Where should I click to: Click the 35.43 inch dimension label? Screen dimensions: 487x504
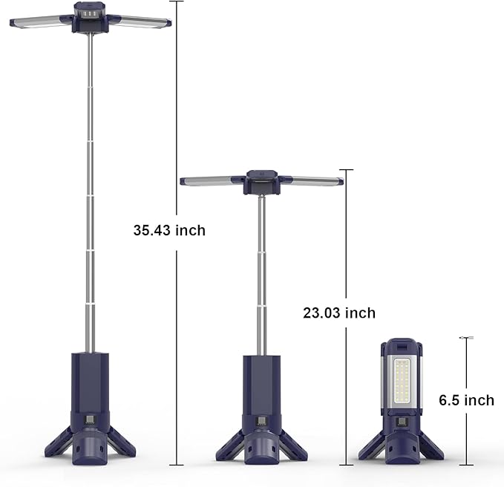pyautogui.click(x=169, y=230)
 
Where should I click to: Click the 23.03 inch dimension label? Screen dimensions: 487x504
pyautogui.click(x=339, y=313)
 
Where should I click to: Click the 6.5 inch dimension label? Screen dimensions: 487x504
pyautogui.click(x=466, y=400)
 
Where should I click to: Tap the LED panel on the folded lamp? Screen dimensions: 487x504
pyautogui.click(x=404, y=383)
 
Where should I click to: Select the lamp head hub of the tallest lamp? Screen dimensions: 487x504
pyautogui.click(x=91, y=14)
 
